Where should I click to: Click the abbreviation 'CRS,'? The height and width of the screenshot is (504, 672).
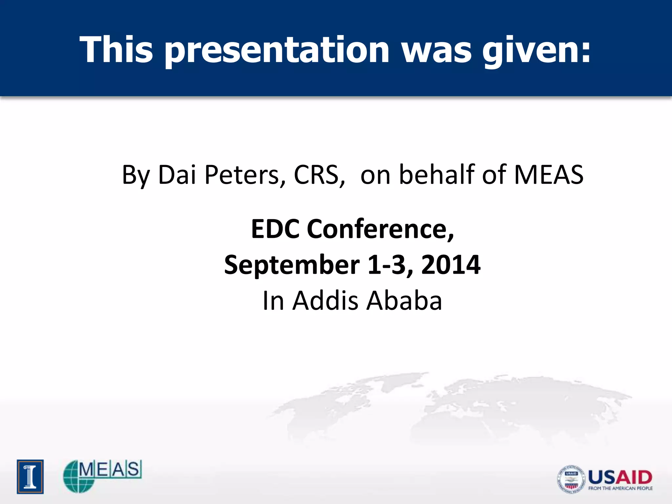click(x=319, y=175)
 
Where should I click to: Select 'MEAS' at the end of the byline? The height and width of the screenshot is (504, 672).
click(x=549, y=175)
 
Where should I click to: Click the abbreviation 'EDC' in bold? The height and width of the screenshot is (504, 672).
click(x=275, y=229)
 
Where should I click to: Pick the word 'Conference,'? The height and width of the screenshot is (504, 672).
click(x=380, y=229)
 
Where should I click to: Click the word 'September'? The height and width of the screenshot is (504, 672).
click(x=292, y=265)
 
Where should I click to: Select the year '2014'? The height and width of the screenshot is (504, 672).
click(x=451, y=265)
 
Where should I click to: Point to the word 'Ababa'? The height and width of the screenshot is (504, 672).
click(x=404, y=300)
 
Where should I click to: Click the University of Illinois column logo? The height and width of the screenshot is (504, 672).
click(x=30, y=476)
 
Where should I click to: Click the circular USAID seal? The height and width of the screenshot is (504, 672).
click(x=571, y=479)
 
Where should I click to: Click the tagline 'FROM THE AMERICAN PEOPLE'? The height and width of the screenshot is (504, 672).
click(x=620, y=489)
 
